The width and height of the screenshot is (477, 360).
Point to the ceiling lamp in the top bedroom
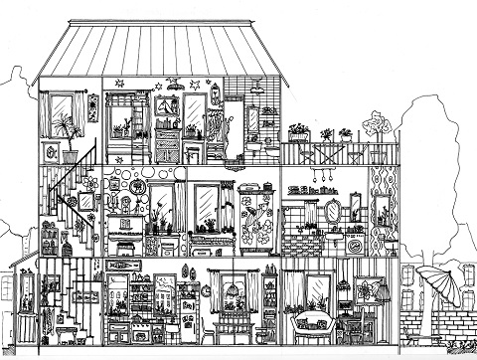point(175,88)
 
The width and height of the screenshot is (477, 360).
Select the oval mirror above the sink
point(332,211)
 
